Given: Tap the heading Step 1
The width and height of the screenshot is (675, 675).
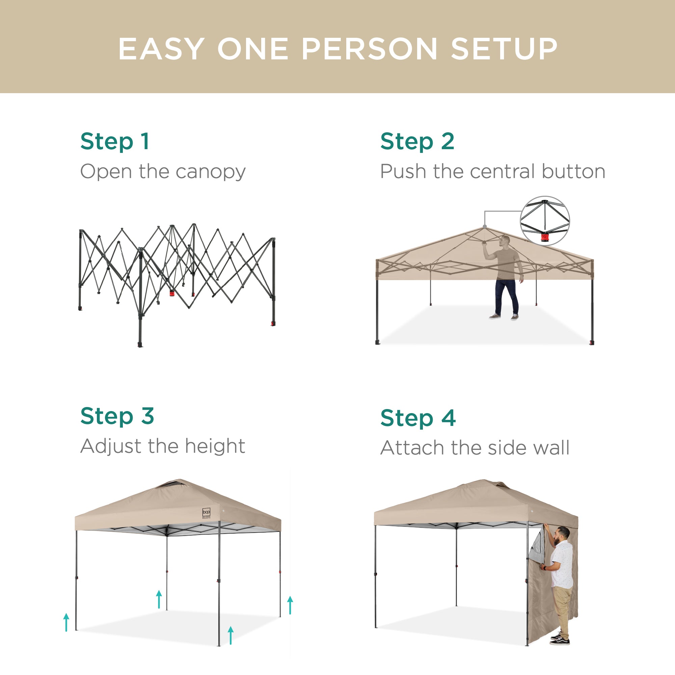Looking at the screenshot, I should click(115, 141).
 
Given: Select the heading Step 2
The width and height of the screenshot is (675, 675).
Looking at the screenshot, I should click(417, 141).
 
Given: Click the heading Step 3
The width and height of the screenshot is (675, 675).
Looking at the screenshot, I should click(117, 416).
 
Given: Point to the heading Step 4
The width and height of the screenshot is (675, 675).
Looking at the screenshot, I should click(418, 418).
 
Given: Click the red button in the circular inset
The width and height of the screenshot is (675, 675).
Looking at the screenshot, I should click(545, 238).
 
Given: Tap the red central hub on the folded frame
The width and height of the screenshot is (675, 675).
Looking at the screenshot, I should click(172, 293).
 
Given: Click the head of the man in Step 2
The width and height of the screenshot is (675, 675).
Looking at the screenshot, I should click(505, 240).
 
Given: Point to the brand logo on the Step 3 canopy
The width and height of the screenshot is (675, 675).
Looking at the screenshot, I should click(207, 513).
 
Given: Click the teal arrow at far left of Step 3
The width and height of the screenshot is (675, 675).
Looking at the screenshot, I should click(66, 622).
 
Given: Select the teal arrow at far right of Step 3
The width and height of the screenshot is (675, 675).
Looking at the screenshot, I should click(290, 605).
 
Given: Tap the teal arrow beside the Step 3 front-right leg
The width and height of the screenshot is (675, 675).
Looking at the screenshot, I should click(231, 635).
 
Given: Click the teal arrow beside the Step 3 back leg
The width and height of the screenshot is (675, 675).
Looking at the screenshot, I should click(159, 599).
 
